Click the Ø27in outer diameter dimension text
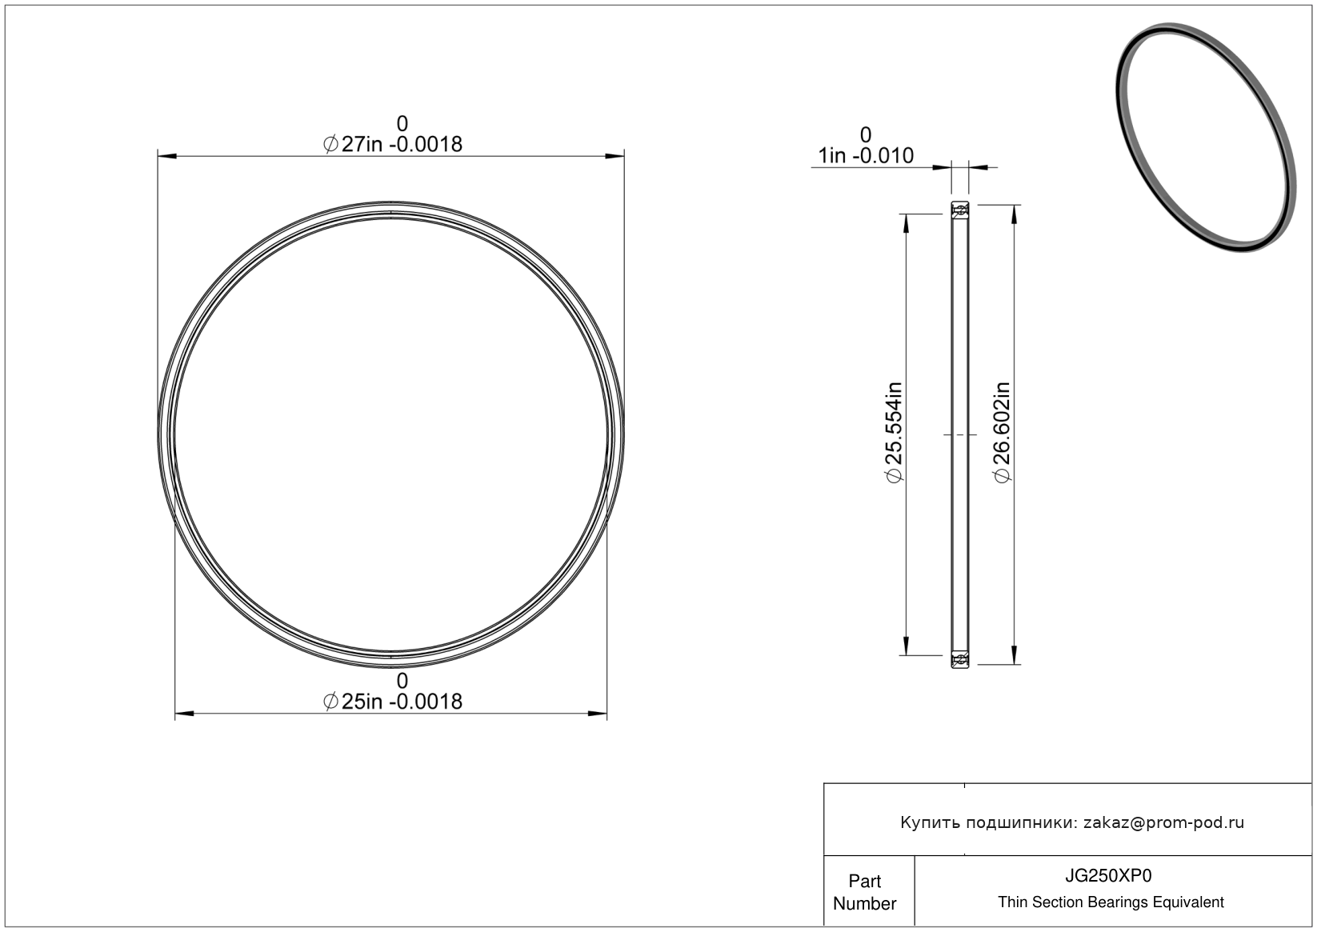393,144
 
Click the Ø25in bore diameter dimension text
393,702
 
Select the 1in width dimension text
866,156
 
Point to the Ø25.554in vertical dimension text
894,432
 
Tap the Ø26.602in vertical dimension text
1002,432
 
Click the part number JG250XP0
1108,875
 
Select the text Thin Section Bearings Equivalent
1111,902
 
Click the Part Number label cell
864,892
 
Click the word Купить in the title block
931,822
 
